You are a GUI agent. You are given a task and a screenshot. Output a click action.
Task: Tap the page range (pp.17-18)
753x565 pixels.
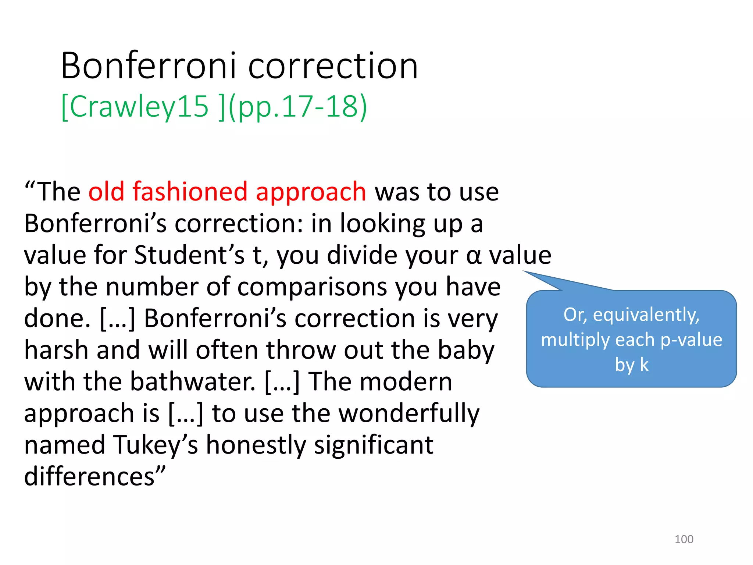tap(298, 107)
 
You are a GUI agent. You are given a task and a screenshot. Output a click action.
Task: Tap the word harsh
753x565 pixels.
tap(56, 350)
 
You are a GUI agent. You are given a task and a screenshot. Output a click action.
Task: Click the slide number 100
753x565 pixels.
tap(684, 539)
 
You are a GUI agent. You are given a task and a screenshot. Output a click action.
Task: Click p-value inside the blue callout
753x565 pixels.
tap(691, 340)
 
